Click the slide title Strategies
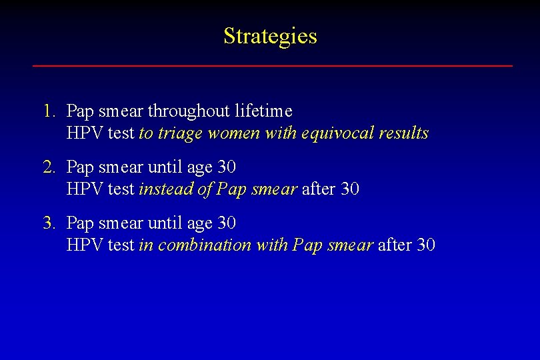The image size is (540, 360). pyautogui.click(x=270, y=36)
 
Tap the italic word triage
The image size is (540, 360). pyautogui.click(x=179, y=133)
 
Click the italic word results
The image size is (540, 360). pyautogui.click(x=403, y=133)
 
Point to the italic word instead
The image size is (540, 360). pyautogui.click(x=165, y=189)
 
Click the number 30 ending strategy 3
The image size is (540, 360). pyautogui.click(x=425, y=245)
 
